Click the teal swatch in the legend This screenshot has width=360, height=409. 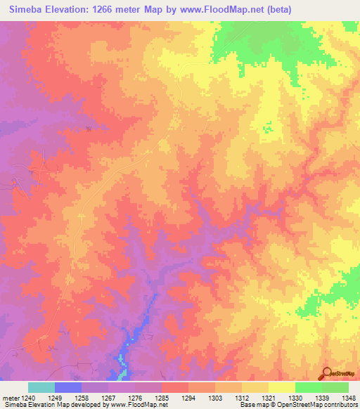pos(41,387)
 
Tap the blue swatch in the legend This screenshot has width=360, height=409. pos(68,387)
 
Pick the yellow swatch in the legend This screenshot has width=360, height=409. pos(281,387)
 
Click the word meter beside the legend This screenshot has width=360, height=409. pos(12,399)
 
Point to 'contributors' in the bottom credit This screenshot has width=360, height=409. pos(340,405)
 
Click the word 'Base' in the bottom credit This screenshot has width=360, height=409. pos(246,405)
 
